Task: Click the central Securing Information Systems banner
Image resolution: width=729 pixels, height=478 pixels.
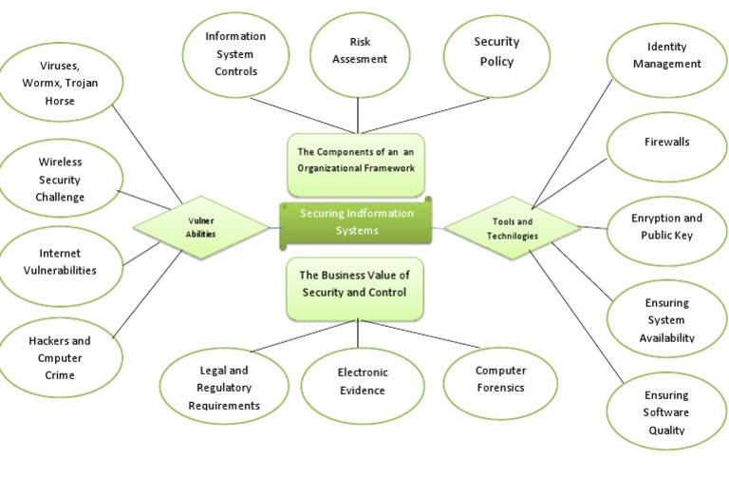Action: point(357,222)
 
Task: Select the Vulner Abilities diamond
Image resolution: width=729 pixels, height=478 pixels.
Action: point(200,227)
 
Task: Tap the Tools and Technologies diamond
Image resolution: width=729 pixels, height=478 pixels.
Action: point(513,228)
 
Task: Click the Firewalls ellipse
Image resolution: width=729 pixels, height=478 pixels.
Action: point(666,143)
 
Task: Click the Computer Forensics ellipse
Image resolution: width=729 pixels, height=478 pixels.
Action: point(500,379)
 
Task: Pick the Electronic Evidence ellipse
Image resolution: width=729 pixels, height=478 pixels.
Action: point(362,381)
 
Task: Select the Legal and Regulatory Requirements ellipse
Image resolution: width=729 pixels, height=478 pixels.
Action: point(224,388)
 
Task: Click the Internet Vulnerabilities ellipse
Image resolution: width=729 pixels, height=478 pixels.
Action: point(60,262)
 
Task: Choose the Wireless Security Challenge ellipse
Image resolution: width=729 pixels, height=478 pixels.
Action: point(61,180)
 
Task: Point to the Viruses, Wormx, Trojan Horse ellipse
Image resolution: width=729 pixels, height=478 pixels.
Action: point(61,83)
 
